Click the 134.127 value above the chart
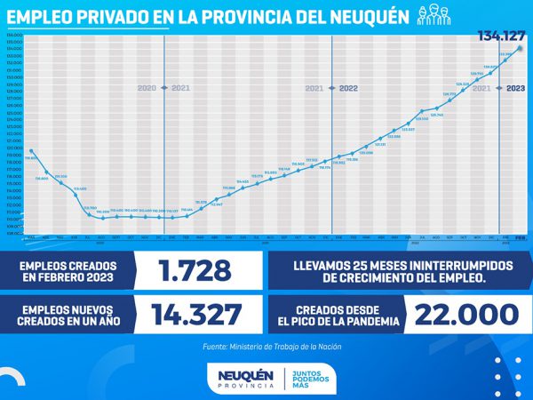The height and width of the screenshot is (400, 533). click(499, 36)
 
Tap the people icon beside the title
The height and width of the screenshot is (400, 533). click(435, 16)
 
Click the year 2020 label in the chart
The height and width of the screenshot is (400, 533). click(147, 89)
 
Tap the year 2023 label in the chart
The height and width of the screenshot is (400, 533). click(517, 89)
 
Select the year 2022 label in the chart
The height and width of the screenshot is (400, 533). click(348, 89)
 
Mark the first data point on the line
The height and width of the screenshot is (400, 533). click(31, 151)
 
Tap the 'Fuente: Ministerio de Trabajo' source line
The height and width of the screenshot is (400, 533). click(266, 347)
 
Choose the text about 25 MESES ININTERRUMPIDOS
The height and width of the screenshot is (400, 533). click(397, 269)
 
